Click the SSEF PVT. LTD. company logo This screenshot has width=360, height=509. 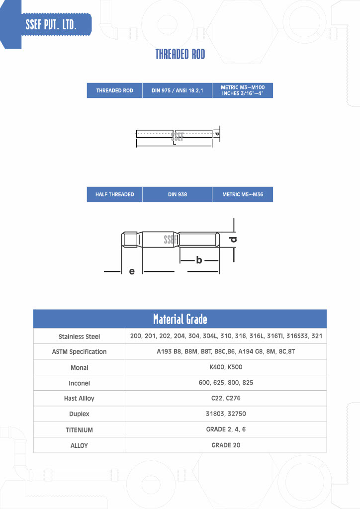(51, 24)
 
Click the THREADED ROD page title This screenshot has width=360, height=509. (180, 54)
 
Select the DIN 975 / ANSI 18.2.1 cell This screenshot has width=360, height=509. (177, 91)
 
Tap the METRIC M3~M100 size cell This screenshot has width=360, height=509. (243, 90)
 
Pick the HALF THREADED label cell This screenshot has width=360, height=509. (114, 194)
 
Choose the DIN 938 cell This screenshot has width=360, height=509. (177, 194)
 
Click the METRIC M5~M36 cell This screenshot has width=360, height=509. (243, 194)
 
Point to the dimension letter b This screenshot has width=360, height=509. (199, 260)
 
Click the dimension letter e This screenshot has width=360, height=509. (132, 271)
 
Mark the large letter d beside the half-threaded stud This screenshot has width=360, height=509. (233, 240)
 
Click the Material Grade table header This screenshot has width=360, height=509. (180, 319)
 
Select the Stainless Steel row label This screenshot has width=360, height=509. (79, 337)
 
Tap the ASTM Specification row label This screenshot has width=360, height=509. (79, 352)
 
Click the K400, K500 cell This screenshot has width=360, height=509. (226, 367)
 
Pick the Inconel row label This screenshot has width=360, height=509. (79, 383)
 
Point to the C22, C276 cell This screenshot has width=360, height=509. (226, 398)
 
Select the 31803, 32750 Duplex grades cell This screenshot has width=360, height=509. (226, 414)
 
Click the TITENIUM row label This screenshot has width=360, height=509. (79, 430)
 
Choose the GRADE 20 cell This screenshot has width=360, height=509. (226, 445)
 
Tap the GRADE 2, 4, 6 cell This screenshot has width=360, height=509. (226, 429)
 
